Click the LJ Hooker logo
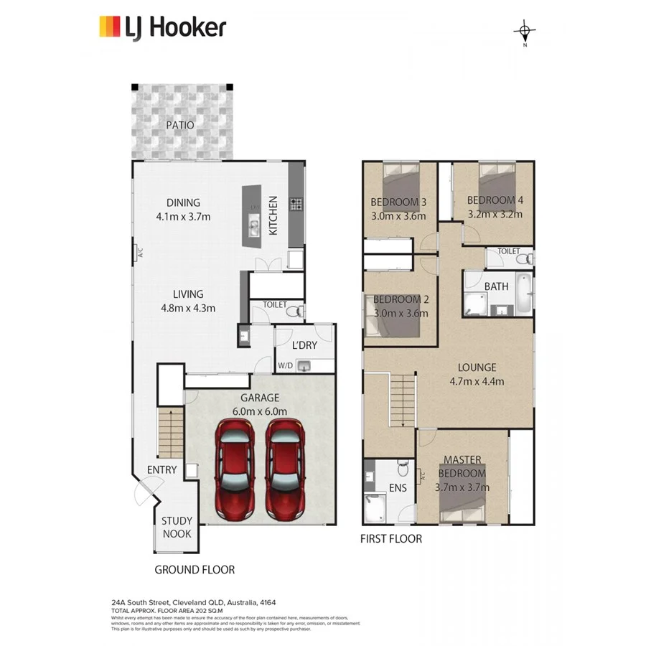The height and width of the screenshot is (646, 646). point(162,27)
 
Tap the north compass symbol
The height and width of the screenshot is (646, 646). point(525,32)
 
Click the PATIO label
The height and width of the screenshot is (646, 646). point(180,125)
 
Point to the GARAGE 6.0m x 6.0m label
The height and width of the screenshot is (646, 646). point(259,404)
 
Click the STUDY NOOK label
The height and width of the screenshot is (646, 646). point(176,528)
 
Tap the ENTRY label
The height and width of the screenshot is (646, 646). point(161,470)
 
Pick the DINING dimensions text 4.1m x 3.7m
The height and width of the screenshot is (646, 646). point(183,217)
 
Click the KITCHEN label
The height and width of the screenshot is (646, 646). point(273,215)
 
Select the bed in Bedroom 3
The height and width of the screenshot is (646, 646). point(401,179)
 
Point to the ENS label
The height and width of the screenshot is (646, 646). point(397,488)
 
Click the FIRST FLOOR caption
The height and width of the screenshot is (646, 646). point(391,538)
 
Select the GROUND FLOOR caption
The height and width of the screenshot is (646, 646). point(195,570)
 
